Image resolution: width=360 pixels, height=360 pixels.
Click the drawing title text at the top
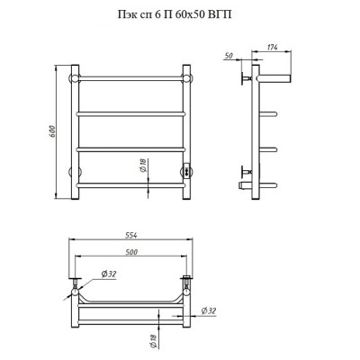[x=175, y=14]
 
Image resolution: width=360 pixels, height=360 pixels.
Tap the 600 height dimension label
[x=51, y=131]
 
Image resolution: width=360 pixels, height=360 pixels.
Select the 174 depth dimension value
[x=272, y=47]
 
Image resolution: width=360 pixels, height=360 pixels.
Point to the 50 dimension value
[x=229, y=56]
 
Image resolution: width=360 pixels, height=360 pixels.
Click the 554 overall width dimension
[x=130, y=236]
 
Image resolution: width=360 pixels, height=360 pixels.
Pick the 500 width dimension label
[x=130, y=252]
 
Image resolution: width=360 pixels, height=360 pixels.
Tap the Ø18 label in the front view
[x=143, y=166]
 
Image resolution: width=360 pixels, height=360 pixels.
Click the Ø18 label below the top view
[x=153, y=341]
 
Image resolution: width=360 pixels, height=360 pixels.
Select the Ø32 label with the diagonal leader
[x=108, y=274]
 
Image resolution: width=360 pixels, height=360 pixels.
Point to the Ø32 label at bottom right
[x=208, y=311]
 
